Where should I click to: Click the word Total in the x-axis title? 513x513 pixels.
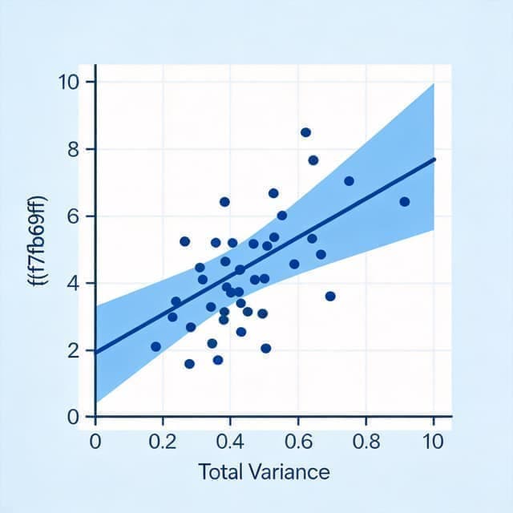(220, 472)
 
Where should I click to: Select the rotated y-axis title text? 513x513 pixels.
(38, 240)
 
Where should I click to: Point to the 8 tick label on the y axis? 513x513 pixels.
(73, 150)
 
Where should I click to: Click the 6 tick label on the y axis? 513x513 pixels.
(73, 216)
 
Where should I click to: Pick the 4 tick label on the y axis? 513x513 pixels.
(73, 283)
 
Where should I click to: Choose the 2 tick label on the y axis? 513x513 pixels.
(73, 351)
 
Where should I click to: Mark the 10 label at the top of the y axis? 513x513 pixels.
(69, 82)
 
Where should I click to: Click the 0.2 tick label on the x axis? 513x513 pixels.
(163, 442)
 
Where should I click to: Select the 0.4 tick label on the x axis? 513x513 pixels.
(230, 442)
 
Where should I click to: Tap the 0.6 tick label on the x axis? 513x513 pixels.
(298, 442)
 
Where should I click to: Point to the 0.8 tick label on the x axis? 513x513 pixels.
(366, 442)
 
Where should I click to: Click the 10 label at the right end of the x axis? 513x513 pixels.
(433, 442)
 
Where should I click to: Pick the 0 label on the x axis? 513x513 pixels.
(95, 442)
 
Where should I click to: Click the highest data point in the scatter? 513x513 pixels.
(305, 132)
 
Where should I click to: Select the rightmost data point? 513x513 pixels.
(405, 201)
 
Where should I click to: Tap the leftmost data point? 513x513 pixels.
(156, 347)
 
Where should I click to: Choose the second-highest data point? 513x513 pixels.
(313, 160)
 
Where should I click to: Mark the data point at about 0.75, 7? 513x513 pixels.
(349, 181)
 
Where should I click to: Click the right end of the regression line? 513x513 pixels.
(434, 159)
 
